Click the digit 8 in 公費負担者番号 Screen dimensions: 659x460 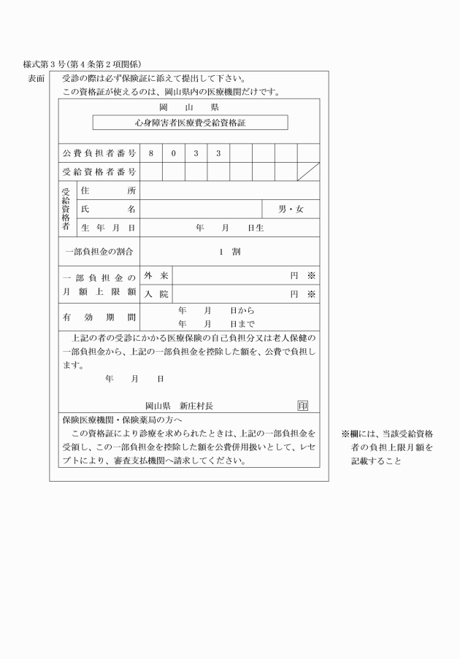tap(151, 153)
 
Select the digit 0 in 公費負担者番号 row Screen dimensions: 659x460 tap(174, 153)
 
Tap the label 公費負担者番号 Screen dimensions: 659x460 tap(99, 153)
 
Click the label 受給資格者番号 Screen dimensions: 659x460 tap(99, 172)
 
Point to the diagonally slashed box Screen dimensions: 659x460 tap(307, 172)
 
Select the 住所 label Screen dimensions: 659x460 tap(109, 190)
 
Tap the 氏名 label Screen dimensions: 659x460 tap(109, 209)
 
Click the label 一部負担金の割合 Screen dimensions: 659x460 tap(99, 252)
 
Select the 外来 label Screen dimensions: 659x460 tap(156, 276)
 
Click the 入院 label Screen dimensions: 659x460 tap(156, 294)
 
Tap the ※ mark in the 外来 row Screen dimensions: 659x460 tap(310, 276)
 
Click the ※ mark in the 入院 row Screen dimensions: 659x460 tap(310, 294)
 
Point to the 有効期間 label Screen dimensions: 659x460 tap(99, 317)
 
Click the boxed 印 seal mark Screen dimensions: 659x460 tap(302, 405)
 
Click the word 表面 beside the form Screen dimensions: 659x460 tap(36, 78)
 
